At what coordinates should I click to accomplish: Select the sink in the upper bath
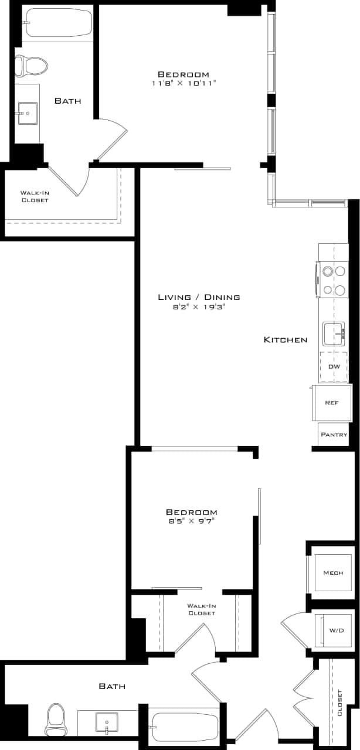coord(27,113)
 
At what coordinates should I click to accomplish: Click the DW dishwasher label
coord(334,367)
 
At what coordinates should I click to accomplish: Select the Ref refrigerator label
coord(332,403)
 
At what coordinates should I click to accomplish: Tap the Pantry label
coord(334,435)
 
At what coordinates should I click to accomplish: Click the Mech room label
coord(332,572)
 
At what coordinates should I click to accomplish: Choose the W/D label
coord(336,631)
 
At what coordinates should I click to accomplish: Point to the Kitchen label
coord(285,340)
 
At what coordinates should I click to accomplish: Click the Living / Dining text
coord(199,297)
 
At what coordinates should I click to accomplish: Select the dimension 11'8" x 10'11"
coord(183,83)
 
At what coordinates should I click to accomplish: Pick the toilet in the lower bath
coord(56,720)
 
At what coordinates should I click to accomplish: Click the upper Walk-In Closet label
coord(35,196)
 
